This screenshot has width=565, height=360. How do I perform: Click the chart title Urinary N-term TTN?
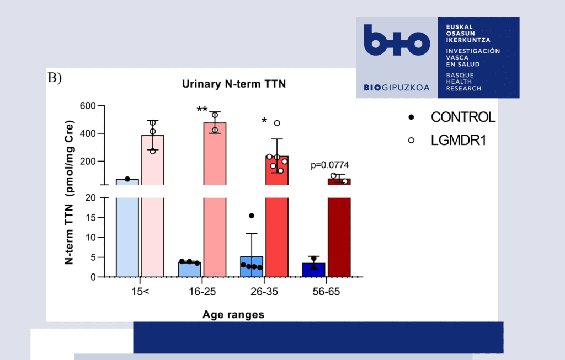point(236,84)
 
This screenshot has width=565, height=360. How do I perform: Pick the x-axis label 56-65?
point(326,291)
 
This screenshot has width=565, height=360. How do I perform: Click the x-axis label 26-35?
point(264,291)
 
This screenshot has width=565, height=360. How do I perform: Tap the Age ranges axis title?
point(233,315)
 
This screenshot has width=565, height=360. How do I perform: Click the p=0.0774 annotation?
point(330,164)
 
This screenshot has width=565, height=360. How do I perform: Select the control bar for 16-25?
point(189,269)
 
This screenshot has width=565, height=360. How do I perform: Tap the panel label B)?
point(55,78)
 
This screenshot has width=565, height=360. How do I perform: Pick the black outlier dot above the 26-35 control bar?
point(252,216)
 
